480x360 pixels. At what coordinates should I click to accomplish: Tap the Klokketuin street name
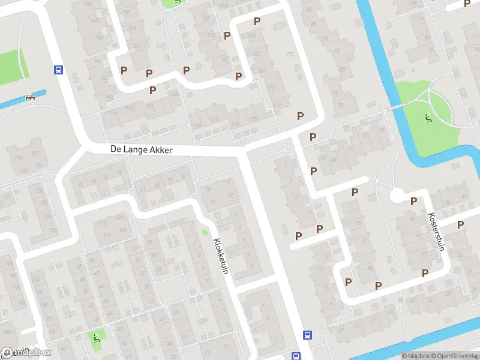(221, 257)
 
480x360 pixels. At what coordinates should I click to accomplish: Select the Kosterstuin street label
(437, 233)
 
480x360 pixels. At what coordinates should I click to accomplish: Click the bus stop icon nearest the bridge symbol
(58, 70)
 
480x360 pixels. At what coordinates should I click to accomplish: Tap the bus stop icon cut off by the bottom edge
(296, 356)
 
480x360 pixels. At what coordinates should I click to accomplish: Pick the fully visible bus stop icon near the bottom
(308, 335)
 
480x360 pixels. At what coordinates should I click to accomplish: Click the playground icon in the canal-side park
(427, 118)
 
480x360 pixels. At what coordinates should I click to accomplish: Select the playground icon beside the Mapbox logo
(97, 338)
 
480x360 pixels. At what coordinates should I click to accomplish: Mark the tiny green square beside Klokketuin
(205, 233)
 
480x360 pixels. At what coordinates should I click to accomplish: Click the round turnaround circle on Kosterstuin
(397, 196)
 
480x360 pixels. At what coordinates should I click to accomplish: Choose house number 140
(103, 223)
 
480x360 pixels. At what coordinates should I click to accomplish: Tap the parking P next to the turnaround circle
(413, 201)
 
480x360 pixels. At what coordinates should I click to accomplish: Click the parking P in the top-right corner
(467, 4)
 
